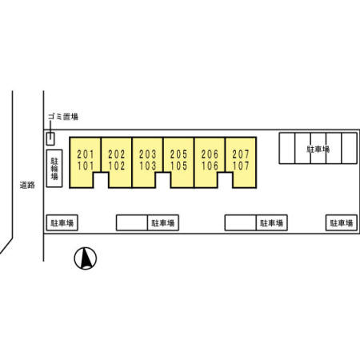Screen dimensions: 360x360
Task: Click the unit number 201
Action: pos(86,154)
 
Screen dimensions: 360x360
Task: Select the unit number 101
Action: pos(86,166)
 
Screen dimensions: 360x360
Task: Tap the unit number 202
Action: pos(117,154)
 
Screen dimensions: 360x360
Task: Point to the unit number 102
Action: pos(117,166)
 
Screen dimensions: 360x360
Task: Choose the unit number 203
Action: pos(147,154)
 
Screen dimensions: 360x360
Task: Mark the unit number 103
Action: pos(147,166)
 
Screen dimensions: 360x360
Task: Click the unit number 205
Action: pos(178,154)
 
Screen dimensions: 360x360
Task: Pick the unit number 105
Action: pos(178,166)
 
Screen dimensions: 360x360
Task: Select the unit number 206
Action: pos(210,154)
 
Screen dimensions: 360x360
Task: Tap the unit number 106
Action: pos(210,166)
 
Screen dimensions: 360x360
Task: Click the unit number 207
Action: pos(241,154)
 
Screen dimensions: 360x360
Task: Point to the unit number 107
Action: pos(241,166)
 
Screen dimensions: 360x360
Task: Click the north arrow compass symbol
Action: pos(86,258)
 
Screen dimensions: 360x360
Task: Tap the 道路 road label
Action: pos(27,185)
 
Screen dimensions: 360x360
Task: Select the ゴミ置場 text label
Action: pos(63,117)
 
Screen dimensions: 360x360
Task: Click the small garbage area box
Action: pos(50,139)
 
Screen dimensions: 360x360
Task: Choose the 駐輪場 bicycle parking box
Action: pos(54,168)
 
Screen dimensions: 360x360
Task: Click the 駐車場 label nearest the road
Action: pos(62,222)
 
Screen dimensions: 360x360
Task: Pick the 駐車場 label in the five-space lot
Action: pos(318,149)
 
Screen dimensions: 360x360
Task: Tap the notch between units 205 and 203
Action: pos(163,180)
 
